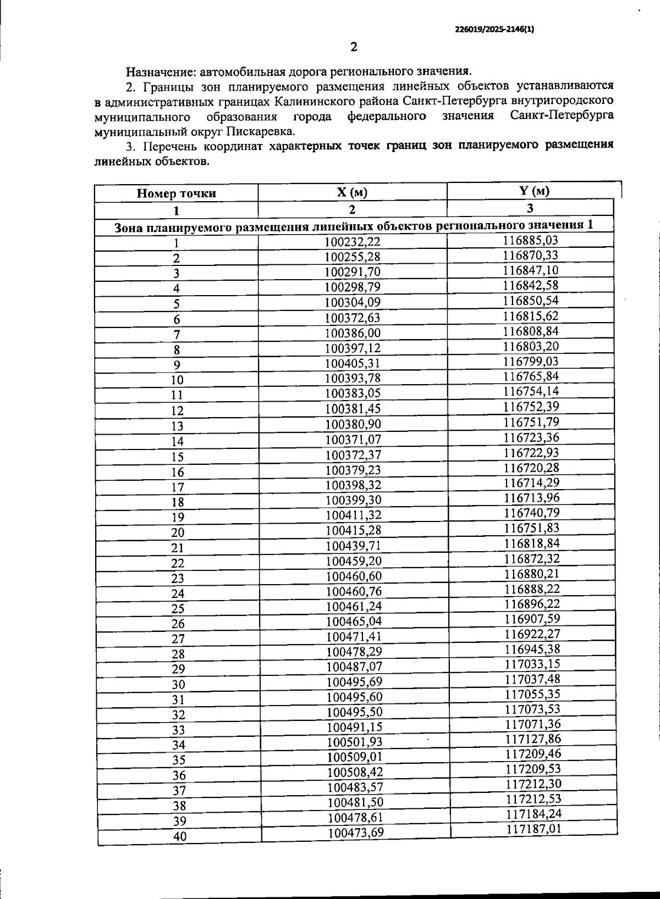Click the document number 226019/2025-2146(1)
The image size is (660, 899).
[494, 31]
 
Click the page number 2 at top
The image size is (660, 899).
[354, 47]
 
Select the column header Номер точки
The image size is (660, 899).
[176, 193]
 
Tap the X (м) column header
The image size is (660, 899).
[352, 192]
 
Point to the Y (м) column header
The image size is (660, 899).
[530, 191]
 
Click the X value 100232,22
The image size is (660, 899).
[353, 242]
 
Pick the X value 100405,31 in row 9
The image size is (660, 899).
[353, 363]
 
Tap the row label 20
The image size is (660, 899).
[177, 532]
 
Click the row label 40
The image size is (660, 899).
[180, 837]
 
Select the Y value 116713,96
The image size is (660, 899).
[532, 498]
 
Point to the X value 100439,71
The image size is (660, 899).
[353, 546]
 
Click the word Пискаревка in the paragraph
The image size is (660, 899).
[261, 132]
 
